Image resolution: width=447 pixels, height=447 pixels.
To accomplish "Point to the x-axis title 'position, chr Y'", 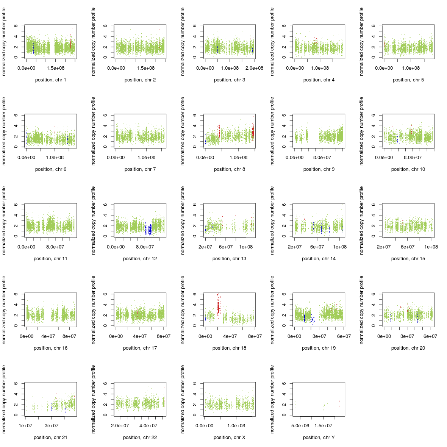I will [319, 438].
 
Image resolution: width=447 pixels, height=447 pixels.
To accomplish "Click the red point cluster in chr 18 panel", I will [218, 307].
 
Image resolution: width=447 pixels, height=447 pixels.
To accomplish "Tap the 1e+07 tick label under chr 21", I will [25, 426].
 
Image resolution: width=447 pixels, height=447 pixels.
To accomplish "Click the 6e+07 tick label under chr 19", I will [343, 336].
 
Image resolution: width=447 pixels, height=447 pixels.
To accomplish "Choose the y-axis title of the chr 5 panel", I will [361, 42].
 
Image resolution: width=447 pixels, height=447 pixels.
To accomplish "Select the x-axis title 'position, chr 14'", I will [319, 259].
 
